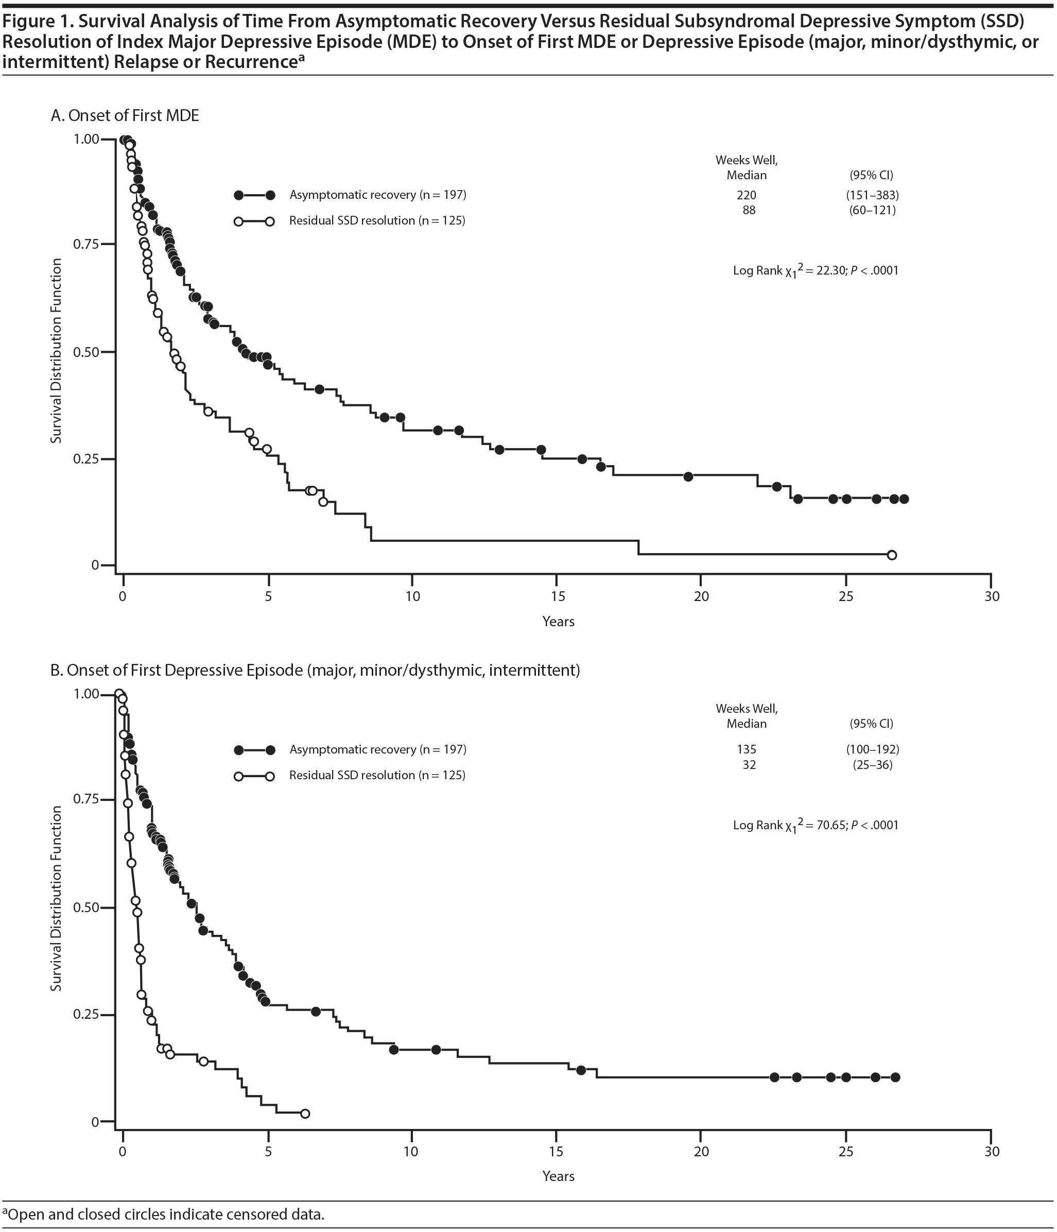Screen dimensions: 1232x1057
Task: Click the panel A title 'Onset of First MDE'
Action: [x=133, y=115]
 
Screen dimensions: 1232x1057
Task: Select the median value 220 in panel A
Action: [x=747, y=195]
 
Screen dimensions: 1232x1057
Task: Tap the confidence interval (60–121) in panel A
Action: [x=872, y=210]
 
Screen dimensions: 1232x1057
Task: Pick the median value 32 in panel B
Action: [x=749, y=765]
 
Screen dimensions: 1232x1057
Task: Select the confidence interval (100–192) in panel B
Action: [x=872, y=749]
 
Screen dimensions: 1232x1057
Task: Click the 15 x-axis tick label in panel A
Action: [x=557, y=596]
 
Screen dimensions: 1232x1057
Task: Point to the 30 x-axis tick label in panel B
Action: [x=991, y=1151]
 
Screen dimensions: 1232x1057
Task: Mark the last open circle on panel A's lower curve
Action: [x=891, y=555]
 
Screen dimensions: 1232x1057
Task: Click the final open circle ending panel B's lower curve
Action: [x=305, y=1114]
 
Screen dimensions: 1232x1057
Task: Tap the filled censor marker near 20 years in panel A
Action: [x=688, y=476]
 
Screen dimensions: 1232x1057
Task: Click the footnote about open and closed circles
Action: [x=164, y=1214]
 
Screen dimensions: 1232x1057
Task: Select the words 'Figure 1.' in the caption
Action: [x=38, y=22]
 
